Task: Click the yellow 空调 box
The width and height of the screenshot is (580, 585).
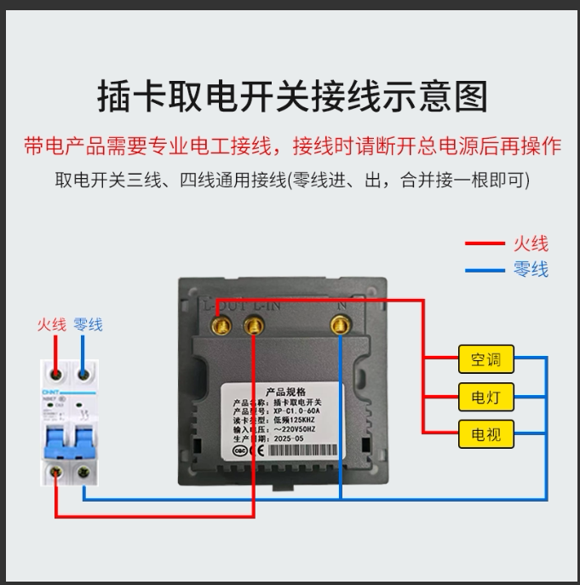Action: coord(485,359)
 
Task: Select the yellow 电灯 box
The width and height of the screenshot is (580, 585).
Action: coord(485,397)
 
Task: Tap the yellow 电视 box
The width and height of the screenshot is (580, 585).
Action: coord(485,435)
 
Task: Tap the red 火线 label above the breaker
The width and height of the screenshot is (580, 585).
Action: coord(51,324)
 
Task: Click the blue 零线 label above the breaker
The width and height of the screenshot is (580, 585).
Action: coord(88,324)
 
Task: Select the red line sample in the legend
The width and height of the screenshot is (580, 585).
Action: coord(485,244)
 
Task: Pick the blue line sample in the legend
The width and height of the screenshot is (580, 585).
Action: coord(485,271)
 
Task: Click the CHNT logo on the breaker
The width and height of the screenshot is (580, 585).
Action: coord(50,393)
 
